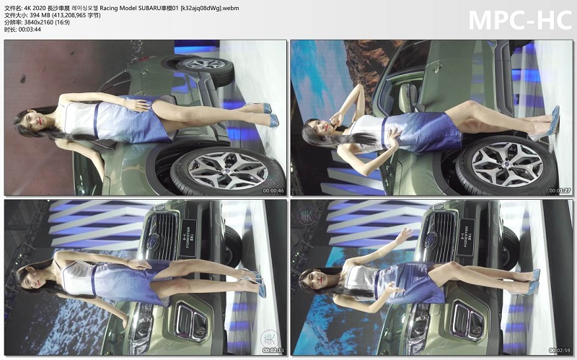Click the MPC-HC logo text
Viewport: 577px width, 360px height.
519,19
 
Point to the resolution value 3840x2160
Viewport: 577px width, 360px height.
41,22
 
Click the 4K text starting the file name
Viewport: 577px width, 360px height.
29,6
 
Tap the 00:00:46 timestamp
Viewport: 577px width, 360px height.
273,190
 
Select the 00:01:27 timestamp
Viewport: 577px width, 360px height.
560,190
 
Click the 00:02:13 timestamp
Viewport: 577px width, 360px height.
273,351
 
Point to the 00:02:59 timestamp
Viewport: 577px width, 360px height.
560,351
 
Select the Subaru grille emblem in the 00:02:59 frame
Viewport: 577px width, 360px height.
431,240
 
